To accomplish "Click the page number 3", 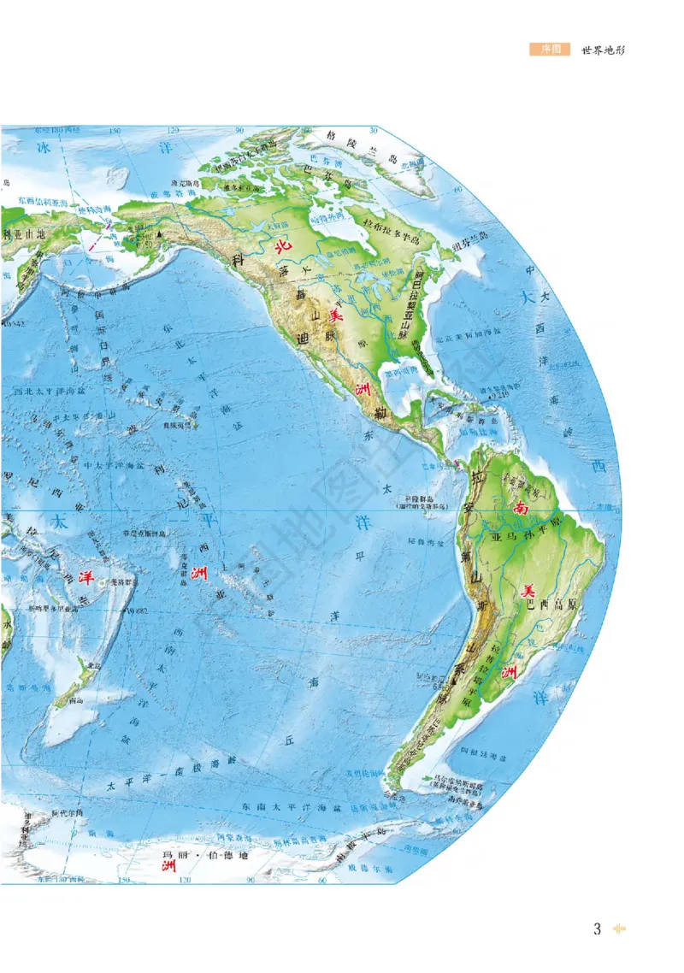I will click(598, 929).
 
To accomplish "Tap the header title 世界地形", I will click(604, 50).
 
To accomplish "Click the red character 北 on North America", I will click(281, 246).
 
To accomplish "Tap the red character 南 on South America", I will click(520, 507).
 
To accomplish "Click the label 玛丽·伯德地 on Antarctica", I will click(197, 855).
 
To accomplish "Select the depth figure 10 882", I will click(137, 610).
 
